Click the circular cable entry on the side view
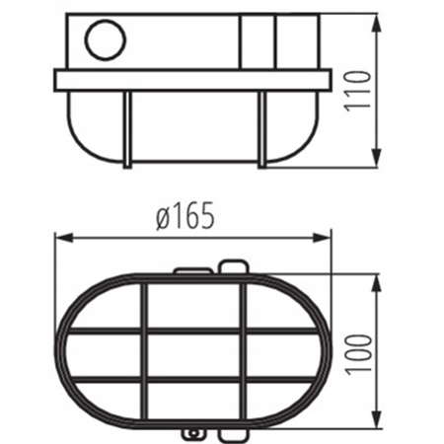click(103, 42)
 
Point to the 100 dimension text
click(362, 351)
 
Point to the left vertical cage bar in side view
click(126, 128)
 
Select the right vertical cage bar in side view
click(260, 128)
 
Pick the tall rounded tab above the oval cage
click(233, 266)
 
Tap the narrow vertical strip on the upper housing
click(259, 42)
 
